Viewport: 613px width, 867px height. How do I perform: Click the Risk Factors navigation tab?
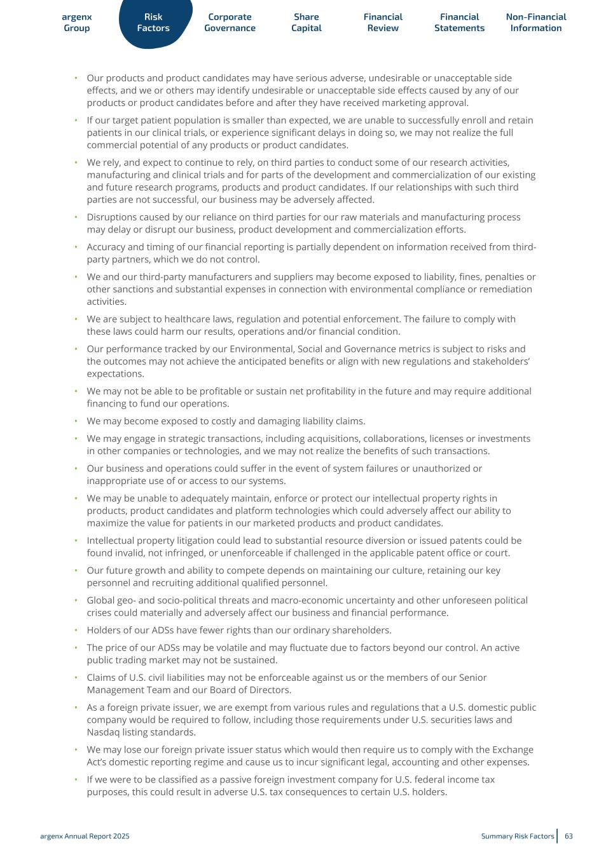point(153,23)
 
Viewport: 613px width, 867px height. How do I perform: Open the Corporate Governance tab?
point(230,23)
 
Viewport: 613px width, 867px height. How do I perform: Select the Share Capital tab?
point(306,23)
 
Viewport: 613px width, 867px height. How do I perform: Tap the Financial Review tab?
point(383,23)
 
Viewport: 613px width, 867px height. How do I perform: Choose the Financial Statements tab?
point(459,23)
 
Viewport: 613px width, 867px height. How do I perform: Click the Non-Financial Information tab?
point(536,23)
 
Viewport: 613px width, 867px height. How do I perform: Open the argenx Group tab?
point(77,23)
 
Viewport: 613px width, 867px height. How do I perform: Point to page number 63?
point(568,836)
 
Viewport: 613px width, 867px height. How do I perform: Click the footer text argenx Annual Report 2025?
point(85,836)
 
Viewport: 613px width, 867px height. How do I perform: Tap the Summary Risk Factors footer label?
point(517,836)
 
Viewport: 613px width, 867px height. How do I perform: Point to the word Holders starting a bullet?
point(104,630)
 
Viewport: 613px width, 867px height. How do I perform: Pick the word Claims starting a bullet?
point(102,678)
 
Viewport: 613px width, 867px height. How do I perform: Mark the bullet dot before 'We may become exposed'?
point(76,421)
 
